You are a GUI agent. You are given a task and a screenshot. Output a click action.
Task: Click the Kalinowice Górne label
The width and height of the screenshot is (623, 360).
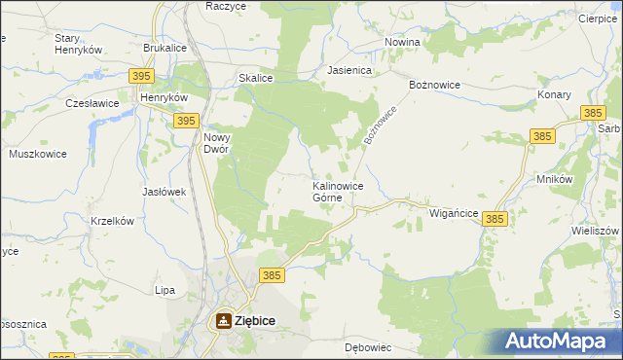[x=338, y=191]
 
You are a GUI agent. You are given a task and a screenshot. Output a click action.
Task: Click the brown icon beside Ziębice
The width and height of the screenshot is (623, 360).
[x=224, y=319]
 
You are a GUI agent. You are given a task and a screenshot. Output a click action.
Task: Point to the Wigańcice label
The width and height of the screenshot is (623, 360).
[x=452, y=213]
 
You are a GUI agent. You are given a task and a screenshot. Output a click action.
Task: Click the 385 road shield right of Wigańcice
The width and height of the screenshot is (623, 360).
[x=495, y=221]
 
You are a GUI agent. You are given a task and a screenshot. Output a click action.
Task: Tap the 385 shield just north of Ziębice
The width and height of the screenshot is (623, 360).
[x=272, y=275]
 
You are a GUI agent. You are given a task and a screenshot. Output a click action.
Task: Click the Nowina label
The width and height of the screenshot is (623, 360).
[x=401, y=43]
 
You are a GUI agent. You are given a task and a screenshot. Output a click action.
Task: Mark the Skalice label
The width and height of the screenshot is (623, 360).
[x=255, y=79]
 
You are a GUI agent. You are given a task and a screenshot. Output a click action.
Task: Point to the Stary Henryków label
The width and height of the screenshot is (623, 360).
[x=78, y=44]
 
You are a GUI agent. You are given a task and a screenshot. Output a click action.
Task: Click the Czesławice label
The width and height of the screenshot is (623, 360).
[x=92, y=102]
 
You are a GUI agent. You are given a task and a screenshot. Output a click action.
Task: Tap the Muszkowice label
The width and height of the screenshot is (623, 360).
[x=36, y=154]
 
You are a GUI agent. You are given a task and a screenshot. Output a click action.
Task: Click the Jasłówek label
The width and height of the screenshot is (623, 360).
[x=164, y=192]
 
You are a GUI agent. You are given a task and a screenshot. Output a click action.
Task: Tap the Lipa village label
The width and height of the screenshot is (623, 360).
[x=165, y=290]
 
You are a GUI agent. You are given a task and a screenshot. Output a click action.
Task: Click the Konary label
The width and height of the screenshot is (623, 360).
[x=553, y=95]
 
